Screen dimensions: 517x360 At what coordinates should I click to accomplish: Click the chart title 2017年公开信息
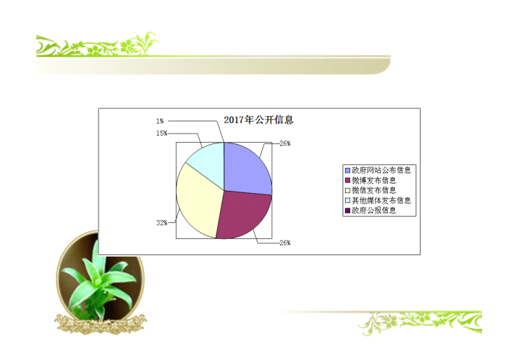258,120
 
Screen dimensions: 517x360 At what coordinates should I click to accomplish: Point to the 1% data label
160,121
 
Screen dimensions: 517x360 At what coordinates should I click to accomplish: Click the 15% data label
161,134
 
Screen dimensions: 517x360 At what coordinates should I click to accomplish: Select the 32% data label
161,223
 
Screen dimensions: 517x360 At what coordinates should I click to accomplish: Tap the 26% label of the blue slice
285,143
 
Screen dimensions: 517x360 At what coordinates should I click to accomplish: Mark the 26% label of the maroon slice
285,243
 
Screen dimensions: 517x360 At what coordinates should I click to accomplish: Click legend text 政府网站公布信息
381,171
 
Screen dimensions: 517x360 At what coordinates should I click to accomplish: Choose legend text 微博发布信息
374,180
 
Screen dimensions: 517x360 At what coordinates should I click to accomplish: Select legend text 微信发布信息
374,190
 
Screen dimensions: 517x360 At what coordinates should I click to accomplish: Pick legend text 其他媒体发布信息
381,201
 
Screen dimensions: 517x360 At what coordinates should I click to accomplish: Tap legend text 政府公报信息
374,210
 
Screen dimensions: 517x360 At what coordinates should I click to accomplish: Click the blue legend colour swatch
347,171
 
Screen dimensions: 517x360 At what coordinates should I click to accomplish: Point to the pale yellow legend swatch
347,190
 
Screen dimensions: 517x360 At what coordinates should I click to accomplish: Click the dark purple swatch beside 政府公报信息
347,210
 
